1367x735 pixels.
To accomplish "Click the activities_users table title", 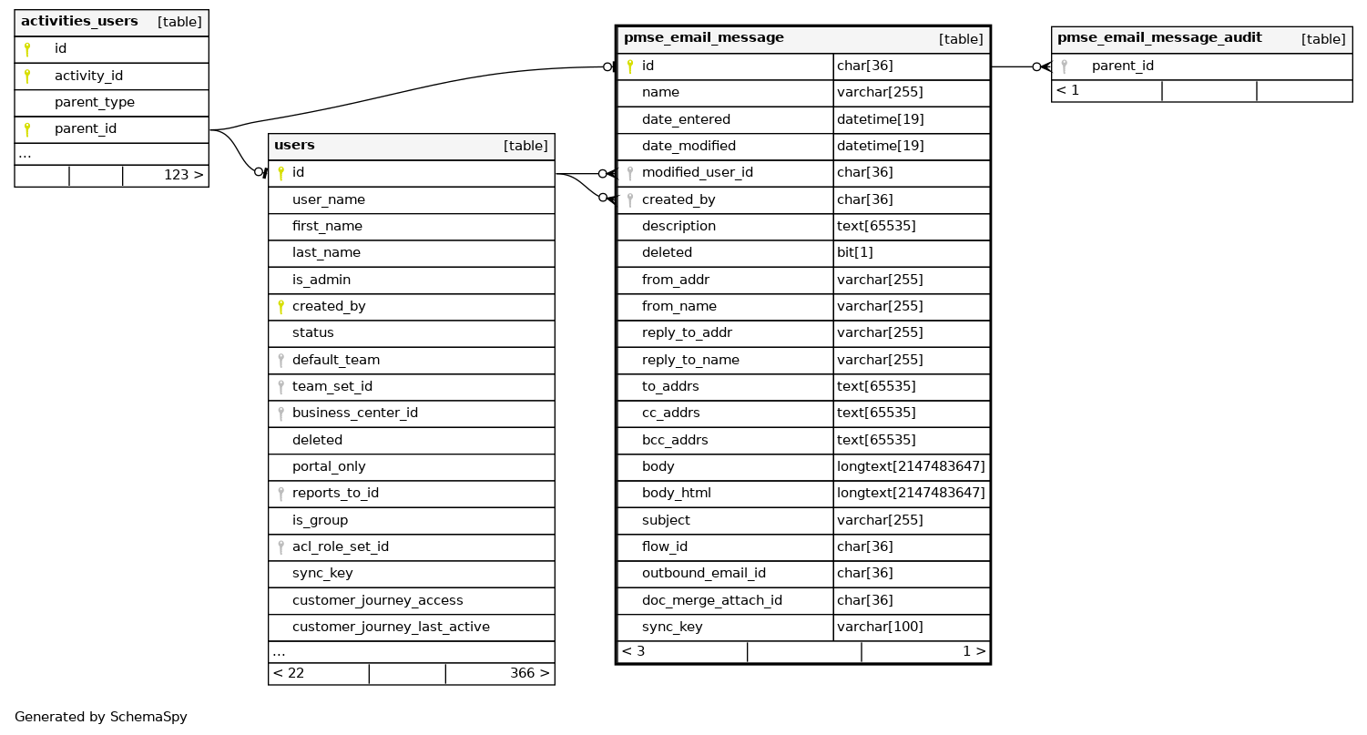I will [79, 21].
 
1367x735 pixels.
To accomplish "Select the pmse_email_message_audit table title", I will [1158, 37].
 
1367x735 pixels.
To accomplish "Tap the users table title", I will [294, 145].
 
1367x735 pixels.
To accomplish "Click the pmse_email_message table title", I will [703, 37].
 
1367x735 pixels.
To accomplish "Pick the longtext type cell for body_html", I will [911, 493].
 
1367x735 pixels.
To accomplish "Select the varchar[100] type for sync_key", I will [880, 627].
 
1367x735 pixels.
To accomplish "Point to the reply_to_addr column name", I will [687, 332].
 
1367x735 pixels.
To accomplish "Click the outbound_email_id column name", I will [703, 573].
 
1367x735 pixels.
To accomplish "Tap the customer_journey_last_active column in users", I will [391, 627].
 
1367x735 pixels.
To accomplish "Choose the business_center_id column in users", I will [354, 413].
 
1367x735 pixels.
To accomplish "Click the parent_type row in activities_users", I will [94, 102].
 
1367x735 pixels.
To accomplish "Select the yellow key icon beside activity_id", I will [27, 76].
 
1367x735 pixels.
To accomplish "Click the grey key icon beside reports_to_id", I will [281, 494].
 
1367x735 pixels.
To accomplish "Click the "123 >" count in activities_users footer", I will [183, 174].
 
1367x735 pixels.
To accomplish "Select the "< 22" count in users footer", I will [289, 673].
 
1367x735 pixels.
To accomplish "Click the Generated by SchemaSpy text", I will [100, 717].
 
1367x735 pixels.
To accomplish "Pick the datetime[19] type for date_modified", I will [880, 146].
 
